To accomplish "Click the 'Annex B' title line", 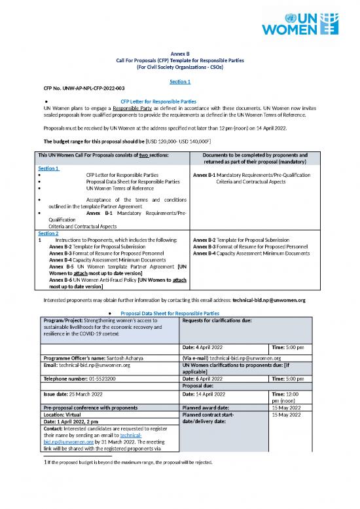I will coord(179,53).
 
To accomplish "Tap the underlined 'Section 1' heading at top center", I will coord(179,81).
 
